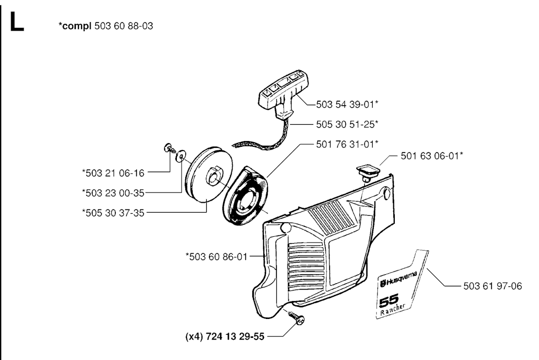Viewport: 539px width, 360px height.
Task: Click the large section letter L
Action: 17,22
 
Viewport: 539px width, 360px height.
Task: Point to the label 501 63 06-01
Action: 432,156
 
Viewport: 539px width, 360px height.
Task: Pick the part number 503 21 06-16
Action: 113,173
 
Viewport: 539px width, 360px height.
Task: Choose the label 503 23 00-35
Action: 113,193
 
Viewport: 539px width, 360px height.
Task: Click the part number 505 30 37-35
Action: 113,213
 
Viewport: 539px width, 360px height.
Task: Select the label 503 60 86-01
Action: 216,256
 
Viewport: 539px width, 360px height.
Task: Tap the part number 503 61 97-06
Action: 493,286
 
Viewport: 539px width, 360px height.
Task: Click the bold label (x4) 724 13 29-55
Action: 225,336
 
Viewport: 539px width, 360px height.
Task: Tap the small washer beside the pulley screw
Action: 180,157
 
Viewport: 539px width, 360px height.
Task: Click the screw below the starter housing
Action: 297,317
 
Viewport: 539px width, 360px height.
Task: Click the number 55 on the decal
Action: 389,300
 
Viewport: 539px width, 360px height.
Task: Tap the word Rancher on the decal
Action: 393,309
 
